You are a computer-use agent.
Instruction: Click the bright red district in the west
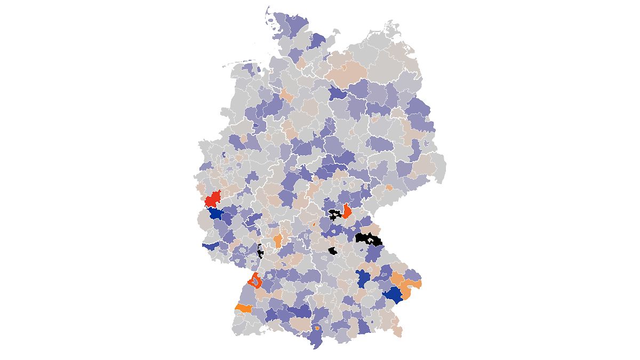(x=213, y=198)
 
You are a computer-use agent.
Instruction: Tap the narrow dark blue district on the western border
(x=210, y=246)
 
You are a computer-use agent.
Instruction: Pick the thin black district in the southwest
(x=260, y=251)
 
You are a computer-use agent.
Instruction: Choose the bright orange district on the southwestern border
(x=243, y=308)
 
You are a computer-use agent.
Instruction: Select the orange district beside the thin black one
(x=278, y=241)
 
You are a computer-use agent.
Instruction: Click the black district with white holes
(x=335, y=215)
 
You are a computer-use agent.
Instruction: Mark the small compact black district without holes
(x=333, y=251)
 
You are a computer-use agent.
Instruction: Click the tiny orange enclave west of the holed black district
(x=314, y=225)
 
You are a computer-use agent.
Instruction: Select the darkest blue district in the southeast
(x=393, y=294)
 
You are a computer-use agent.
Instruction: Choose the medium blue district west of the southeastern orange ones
(x=364, y=278)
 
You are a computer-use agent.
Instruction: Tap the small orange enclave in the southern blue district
(x=318, y=329)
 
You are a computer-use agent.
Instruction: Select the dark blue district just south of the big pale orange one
(x=337, y=93)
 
